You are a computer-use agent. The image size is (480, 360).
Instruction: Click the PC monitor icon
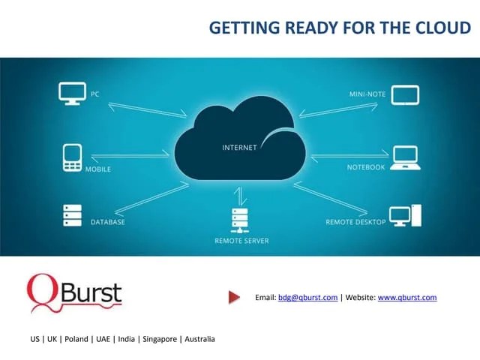pyautogui.click(x=72, y=94)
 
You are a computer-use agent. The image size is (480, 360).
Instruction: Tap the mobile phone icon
pyautogui.click(x=72, y=157)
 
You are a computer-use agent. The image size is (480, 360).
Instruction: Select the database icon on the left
pyautogui.click(x=72, y=215)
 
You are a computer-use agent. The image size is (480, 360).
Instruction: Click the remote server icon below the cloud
pyautogui.click(x=240, y=220)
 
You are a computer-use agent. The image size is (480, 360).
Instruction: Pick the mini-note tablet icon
pyautogui.click(x=406, y=94)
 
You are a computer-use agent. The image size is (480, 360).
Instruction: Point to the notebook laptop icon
pyautogui.click(x=406, y=157)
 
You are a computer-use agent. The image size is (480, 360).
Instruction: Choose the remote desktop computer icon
pyautogui.click(x=406, y=215)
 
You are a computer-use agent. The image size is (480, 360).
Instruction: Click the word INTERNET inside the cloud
pyautogui.click(x=239, y=148)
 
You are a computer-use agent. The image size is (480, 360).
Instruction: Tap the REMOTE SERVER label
pyautogui.click(x=241, y=241)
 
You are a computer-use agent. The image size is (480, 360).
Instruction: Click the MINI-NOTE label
pyautogui.click(x=367, y=94)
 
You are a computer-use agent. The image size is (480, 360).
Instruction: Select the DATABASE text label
pyautogui.click(x=108, y=223)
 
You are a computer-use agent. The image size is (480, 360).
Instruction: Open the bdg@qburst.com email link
pyautogui.click(x=307, y=298)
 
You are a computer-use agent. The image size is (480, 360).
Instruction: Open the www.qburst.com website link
pyautogui.click(x=407, y=298)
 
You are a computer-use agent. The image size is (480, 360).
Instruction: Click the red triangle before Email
pyautogui.click(x=234, y=298)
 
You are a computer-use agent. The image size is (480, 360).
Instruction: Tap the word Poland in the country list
pyautogui.click(x=76, y=339)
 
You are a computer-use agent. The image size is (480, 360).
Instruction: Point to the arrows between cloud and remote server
pyautogui.click(x=240, y=196)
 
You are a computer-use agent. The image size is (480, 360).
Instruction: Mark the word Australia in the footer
pyautogui.click(x=199, y=339)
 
